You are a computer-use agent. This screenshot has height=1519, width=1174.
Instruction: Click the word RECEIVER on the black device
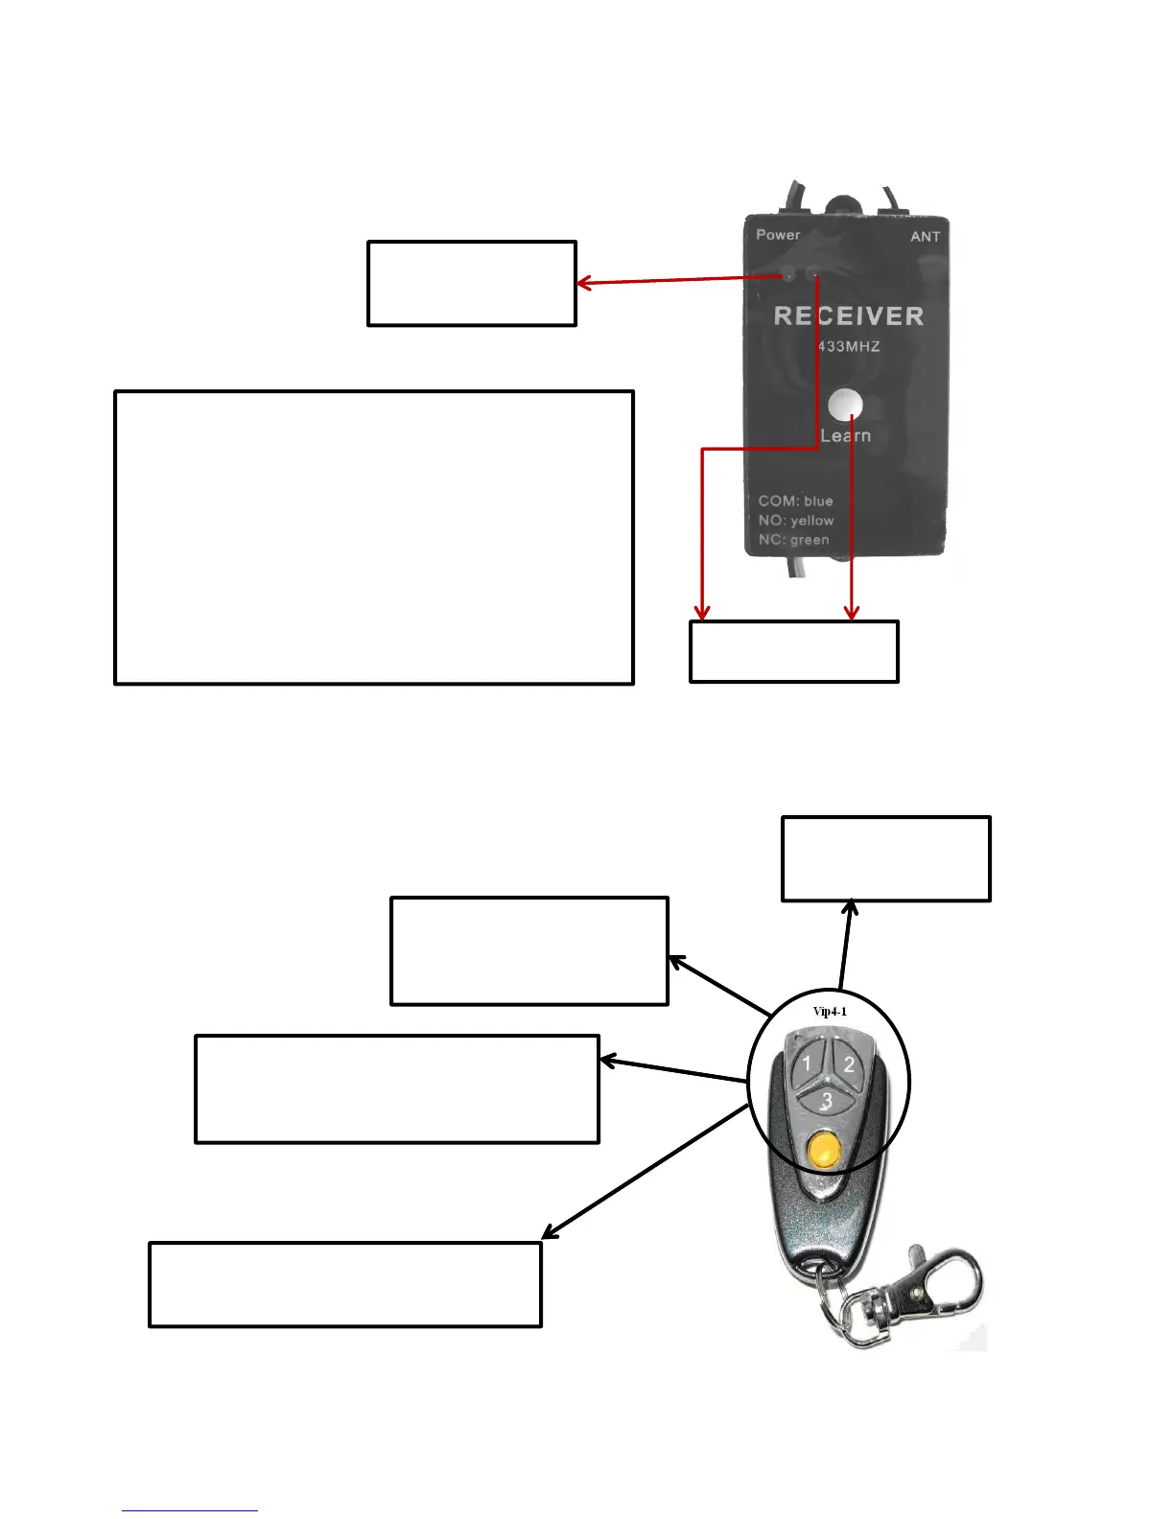pyautogui.click(x=848, y=316)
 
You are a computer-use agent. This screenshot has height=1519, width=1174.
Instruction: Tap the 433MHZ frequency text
pyautogui.click(x=848, y=346)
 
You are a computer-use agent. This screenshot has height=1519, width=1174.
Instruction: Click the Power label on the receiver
pyautogui.click(x=777, y=235)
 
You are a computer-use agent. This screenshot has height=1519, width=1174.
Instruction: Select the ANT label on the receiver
pyautogui.click(x=925, y=237)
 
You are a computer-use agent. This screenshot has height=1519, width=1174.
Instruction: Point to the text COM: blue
pyautogui.click(x=795, y=501)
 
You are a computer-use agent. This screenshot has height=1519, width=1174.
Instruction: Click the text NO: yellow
pyautogui.click(x=795, y=521)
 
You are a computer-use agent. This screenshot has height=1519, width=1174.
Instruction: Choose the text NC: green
pyautogui.click(x=793, y=540)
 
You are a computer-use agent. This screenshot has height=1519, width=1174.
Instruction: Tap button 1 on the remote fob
pyautogui.click(x=808, y=1063)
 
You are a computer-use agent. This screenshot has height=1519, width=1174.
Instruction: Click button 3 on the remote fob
pyautogui.click(x=826, y=1101)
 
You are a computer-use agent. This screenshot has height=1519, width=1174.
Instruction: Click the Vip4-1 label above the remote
pyautogui.click(x=830, y=1012)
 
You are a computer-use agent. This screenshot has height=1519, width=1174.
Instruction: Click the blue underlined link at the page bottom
pyautogui.click(x=189, y=1510)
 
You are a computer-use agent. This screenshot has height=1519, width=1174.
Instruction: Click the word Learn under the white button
pyautogui.click(x=845, y=435)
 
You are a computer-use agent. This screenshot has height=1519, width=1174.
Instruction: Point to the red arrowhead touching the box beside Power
pyautogui.click(x=583, y=283)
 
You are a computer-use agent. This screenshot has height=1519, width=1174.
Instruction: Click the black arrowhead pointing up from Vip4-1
pyautogui.click(x=850, y=907)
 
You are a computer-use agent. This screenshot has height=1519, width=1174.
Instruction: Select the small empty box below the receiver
pyautogui.click(x=793, y=652)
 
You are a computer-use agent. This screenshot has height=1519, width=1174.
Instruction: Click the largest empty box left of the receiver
pyautogui.click(x=373, y=537)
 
